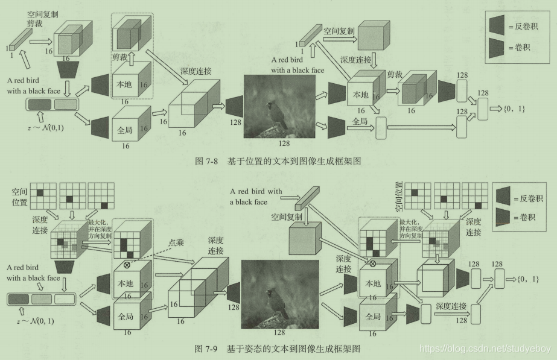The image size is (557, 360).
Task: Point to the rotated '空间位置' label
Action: pyautogui.click(x=398, y=197)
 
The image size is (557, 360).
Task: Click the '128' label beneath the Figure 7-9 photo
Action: pyautogui.click(x=279, y=331)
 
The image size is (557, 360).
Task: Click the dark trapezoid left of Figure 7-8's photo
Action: pyautogui.click(x=234, y=106)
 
